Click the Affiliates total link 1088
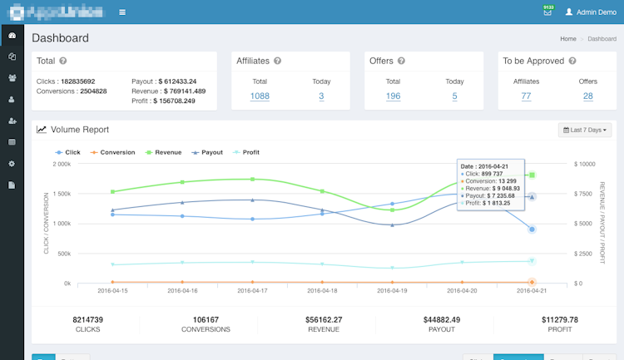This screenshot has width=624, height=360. coord(260,96)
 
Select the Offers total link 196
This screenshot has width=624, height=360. coord(393,96)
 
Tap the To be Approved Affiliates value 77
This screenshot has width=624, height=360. coord(526,96)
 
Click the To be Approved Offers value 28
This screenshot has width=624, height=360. coord(587,96)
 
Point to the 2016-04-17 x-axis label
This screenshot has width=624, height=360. coord(253,291)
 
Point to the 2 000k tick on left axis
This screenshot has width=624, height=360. coord(62,164)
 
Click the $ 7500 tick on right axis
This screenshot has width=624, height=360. coord(586,194)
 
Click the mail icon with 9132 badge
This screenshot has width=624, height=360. coord(547,12)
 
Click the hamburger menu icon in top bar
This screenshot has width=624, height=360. coord(122,12)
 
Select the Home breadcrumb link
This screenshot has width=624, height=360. coord(568,39)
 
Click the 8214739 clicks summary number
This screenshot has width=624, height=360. coord(87,319)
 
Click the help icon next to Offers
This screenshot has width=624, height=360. coord(401,61)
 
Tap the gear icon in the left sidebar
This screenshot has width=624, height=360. coord(12,164)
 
